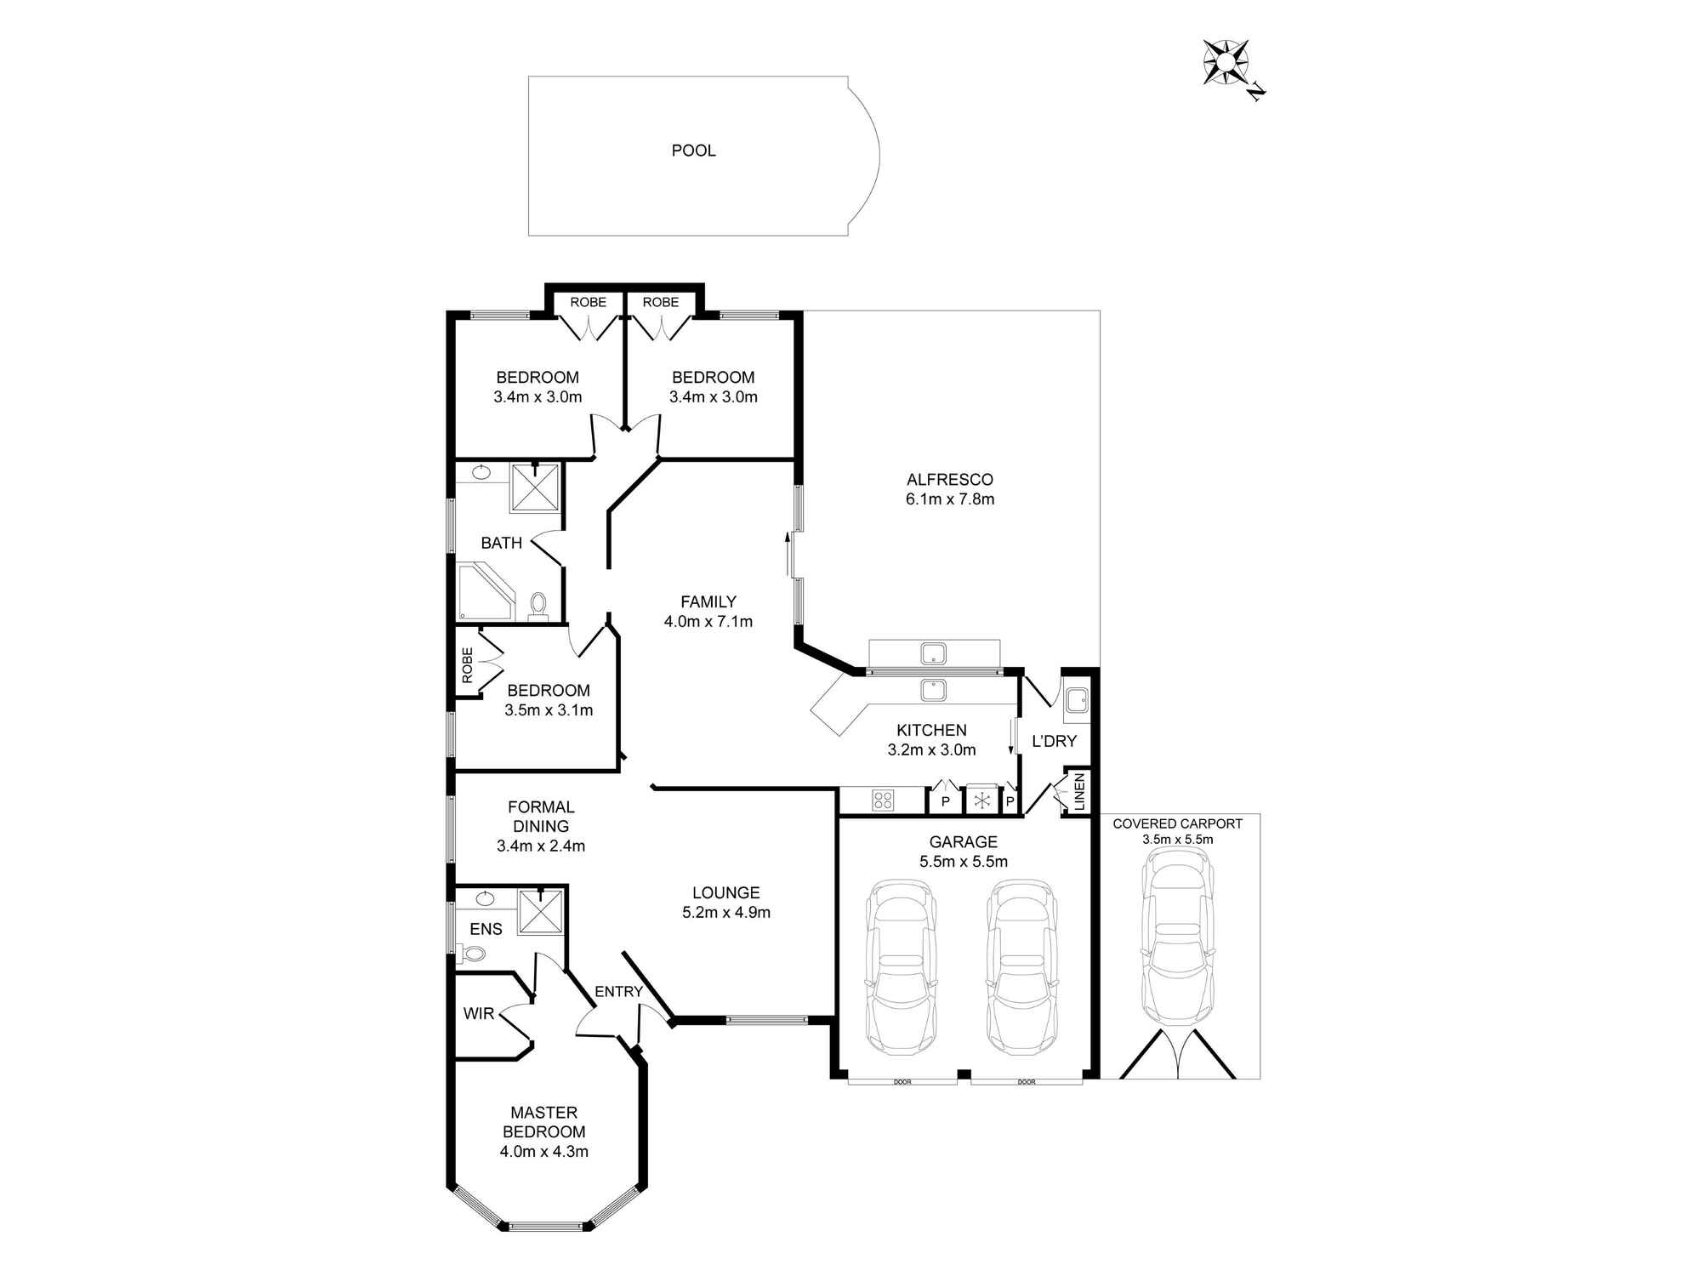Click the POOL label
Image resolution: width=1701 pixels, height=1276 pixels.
tap(693, 151)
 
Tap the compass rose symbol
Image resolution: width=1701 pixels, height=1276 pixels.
tap(1226, 63)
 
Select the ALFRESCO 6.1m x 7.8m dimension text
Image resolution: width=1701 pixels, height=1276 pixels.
tap(950, 499)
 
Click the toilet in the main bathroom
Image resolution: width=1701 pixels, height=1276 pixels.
tap(538, 606)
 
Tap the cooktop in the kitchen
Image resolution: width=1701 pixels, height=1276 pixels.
tap(883, 800)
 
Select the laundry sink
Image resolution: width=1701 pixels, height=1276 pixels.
tap(1075, 699)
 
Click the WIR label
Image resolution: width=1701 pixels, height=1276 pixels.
tap(479, 1014)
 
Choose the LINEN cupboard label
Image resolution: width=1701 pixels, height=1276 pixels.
tap(1078, 792)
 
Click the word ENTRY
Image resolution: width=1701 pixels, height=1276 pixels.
tap(618, 992)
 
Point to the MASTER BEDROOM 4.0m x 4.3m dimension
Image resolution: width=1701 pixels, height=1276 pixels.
tap(544, 1153)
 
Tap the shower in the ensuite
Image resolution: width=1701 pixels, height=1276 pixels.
tap(540, 911)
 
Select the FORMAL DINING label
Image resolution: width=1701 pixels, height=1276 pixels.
tap(541, 817)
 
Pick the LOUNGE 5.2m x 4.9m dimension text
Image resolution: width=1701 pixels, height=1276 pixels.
tap(726, 913)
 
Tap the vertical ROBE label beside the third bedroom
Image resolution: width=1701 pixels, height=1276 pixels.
tap(467, 665)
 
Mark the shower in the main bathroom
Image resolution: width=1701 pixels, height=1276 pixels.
tap(536, 487)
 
